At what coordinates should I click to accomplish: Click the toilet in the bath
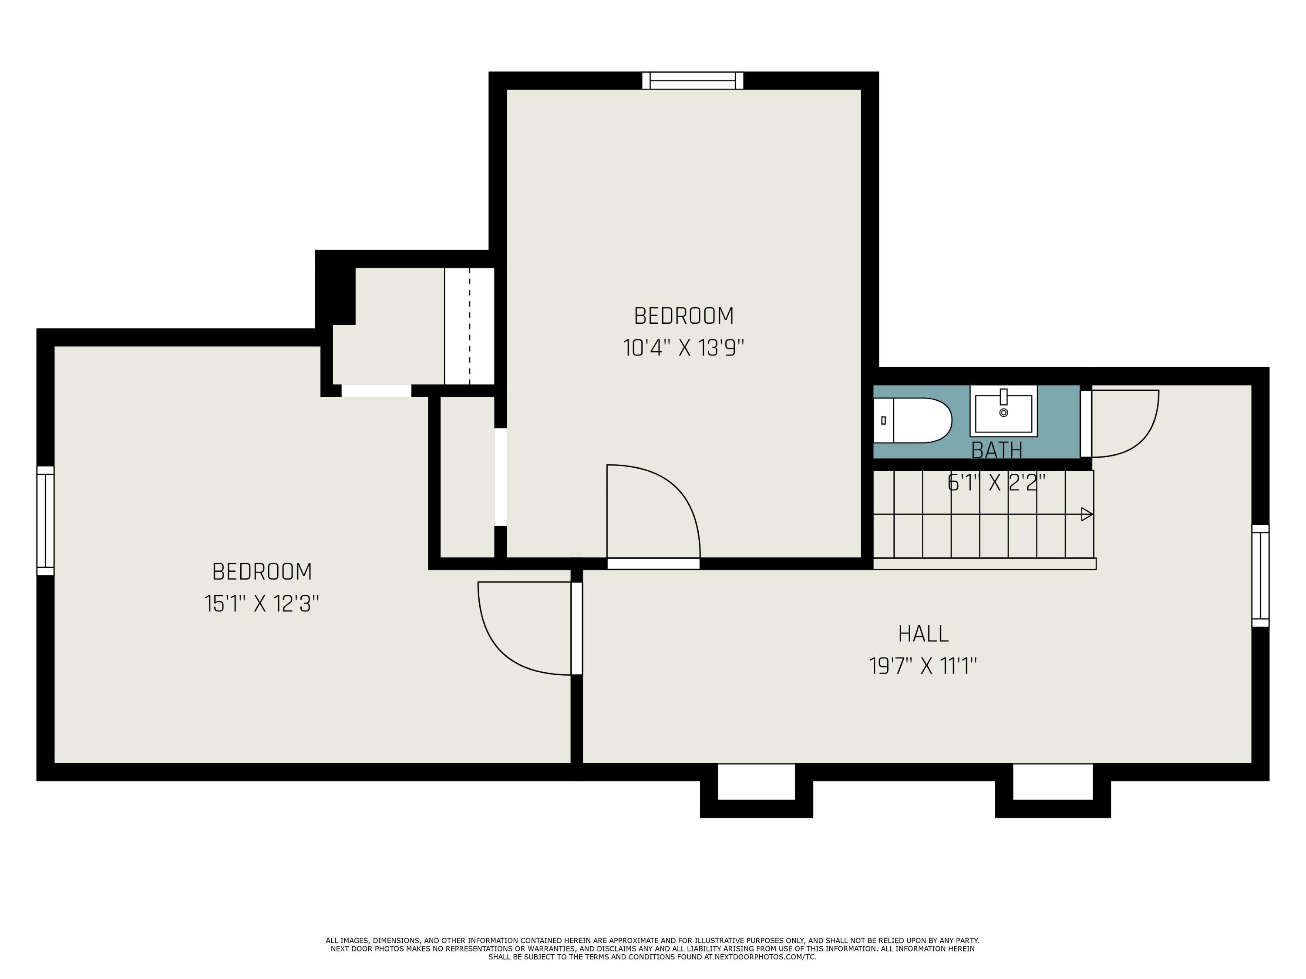click(912, 420)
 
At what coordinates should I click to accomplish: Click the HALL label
click(923, 634)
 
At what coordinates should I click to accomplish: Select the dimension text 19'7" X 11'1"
click(923, 666)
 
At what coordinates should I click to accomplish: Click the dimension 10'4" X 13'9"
click(684, 348)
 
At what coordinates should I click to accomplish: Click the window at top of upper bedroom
click(693, 81)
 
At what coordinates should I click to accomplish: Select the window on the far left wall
click(45, 520)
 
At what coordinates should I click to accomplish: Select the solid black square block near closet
click(335, 287)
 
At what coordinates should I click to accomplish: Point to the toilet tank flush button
click(883, 420)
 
